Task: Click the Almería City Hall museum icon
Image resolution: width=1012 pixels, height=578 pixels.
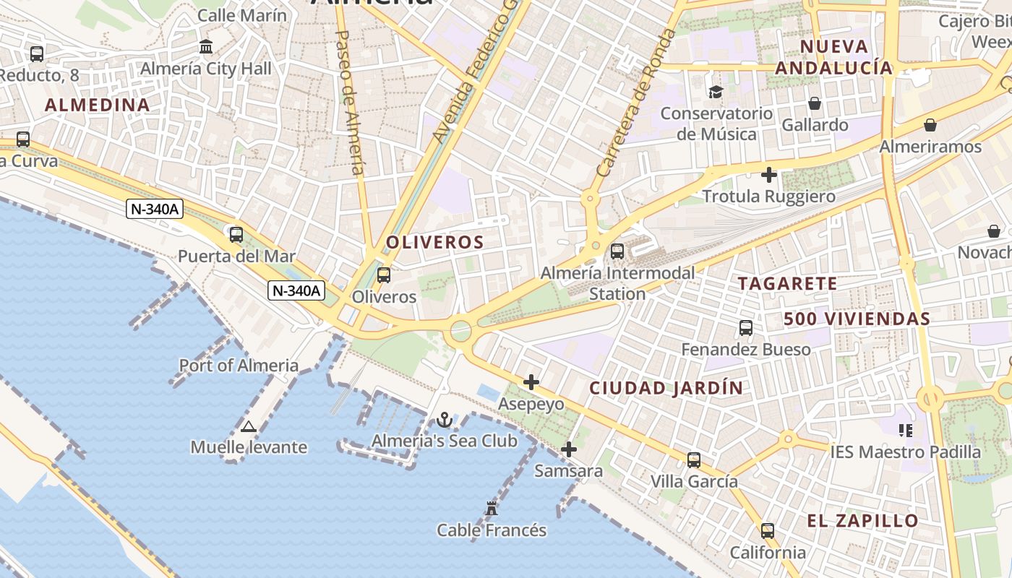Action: click(x=206, y=47)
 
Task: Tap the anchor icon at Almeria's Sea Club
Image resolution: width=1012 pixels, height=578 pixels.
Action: click(x=445, y=419)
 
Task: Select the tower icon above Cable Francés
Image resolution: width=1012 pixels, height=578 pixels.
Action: click(x=492, y=508)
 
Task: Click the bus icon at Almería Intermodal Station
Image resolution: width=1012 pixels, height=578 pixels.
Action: click(x=617, y=251)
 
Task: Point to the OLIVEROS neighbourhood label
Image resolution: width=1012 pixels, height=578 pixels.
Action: click(x=434, y=242)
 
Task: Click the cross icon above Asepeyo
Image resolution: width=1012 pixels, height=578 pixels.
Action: click(x=531, y=381)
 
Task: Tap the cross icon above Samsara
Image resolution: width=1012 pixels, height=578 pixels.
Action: click(x=569, y=449)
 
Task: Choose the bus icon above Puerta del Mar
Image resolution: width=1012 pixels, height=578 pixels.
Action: click(x=236, y=234)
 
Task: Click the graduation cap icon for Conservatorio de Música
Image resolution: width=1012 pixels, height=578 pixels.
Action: click(x=716, y=92)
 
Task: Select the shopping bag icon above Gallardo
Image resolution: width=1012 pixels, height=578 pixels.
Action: click(x=815, y=103)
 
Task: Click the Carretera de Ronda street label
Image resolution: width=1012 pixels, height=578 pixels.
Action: click(x=635, y=105)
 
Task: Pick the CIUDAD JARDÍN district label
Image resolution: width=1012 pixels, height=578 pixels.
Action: click(x=666, y=388)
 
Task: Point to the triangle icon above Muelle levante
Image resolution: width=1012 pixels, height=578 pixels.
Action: click(x=249, y=426)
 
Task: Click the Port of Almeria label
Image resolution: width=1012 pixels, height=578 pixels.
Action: click(x=239, y=366)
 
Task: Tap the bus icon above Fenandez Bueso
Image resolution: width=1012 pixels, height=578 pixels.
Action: click(x=746, y=328)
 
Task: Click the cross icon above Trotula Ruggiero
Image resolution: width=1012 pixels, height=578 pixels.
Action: click(x=769, y=174)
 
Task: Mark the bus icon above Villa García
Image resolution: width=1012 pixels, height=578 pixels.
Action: click(x=694, y=460)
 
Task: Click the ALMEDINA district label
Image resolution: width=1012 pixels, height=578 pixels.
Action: click(x=98, y=105)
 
